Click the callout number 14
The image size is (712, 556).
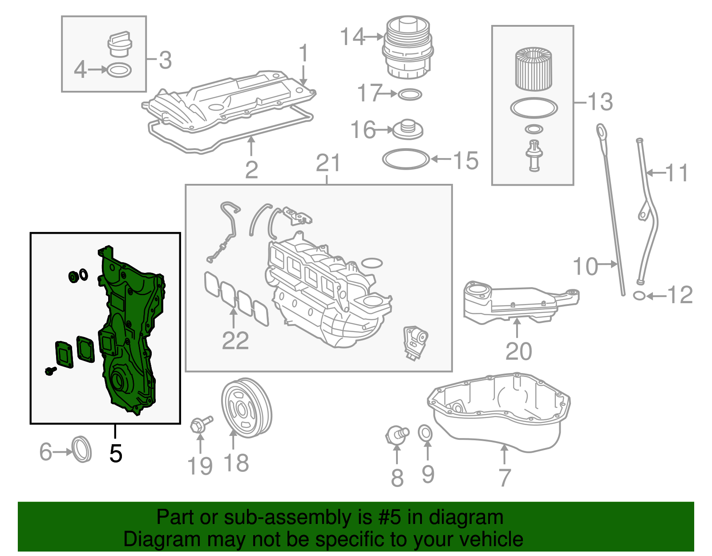(x=352, y=37)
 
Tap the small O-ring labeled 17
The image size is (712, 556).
(x=409, y=94)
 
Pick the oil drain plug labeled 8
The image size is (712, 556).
(x=396, y=434)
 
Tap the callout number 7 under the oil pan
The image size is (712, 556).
(x=504, y=478)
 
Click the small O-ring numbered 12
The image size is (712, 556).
(x=639, y=295)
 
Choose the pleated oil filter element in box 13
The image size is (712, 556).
(x=534, y=69)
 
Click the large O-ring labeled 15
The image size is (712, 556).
(x=406, y=159)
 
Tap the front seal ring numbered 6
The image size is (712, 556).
(x=81, y=450)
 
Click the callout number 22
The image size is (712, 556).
(x=235, y=341)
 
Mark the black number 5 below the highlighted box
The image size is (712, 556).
(x=115, y=453)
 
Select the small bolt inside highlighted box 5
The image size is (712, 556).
(x=50, y=370)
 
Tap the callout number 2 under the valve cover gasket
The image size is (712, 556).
(x=251, y=170)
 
